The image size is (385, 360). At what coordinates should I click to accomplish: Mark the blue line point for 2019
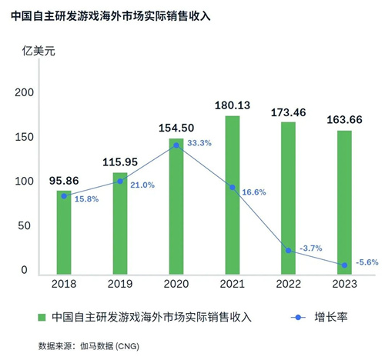[120, 182]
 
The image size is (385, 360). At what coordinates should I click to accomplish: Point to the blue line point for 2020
[176, 145]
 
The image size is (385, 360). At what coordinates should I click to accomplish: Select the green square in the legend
[43, 317]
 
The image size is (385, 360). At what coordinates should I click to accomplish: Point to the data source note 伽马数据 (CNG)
[109, 345]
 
